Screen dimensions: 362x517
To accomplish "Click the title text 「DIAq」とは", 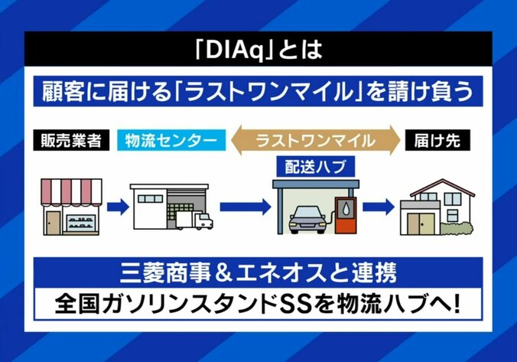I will pos(258,54).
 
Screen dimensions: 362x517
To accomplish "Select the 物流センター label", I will pos(173,141).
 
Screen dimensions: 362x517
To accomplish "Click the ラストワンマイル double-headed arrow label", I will pos(315,141).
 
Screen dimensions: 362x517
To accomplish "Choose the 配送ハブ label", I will pos(315,165).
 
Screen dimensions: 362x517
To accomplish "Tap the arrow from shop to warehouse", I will pos(116,206).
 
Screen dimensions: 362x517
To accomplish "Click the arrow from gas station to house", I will pos(378,206).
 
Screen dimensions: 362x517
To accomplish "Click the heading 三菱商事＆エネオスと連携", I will pos(258,271).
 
